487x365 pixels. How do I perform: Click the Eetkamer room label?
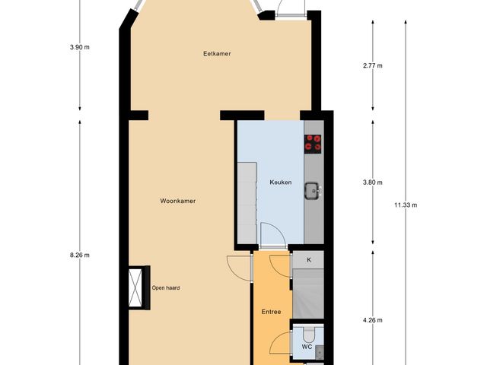click(217, 53)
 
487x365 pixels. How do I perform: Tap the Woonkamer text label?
click(178, 202)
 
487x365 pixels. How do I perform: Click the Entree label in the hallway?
click(272, 312)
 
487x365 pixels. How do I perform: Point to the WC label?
click(306, 348)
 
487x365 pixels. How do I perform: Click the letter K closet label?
click(309, 260)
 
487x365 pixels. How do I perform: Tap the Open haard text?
click(165, 287)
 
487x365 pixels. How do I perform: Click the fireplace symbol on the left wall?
click(137, 287)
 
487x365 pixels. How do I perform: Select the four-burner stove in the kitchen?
click(314, 141)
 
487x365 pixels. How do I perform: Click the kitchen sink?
click(312, 190)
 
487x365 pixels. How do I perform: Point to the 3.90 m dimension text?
click(80, 47)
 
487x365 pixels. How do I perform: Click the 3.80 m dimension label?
click(372, 182)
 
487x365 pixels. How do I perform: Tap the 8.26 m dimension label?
click(80, 255)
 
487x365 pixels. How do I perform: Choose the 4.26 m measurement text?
click(372, 320)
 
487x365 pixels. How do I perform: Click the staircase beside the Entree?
click(308, 297)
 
